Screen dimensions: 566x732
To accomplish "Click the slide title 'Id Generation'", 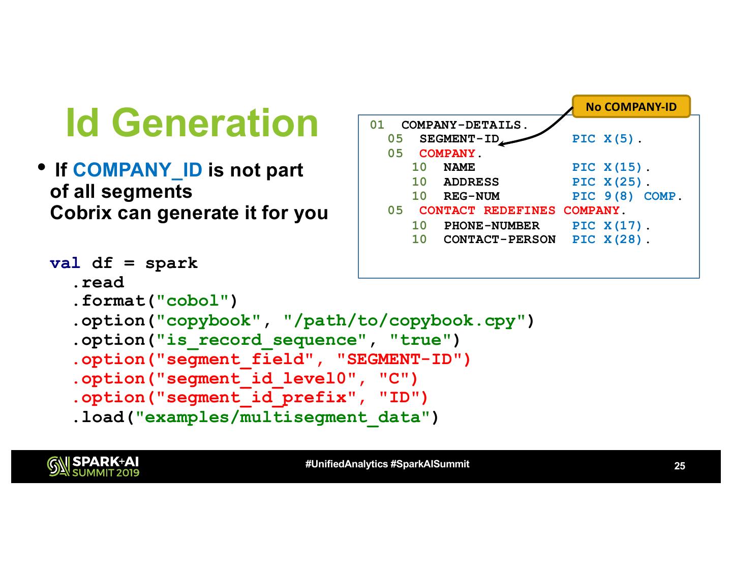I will click(x=192, y=123).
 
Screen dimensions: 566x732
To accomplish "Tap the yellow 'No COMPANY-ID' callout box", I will click(x=631, y=107).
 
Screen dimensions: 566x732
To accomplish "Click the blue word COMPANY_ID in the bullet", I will click(x=137, y=170).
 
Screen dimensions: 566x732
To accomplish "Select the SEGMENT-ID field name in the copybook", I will click(x=459, y=139).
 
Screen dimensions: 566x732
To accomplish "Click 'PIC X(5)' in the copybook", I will click(x=603, y=139).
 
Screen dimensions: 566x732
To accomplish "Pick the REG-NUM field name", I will click(x=471, y=196).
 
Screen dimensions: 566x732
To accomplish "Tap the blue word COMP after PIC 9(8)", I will click(x=660, y=196).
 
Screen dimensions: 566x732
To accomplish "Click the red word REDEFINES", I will click(x=519, y=211).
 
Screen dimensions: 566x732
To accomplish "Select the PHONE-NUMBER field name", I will click(x=491, y=225).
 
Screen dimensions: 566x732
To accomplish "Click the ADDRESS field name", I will click(x=471, y=182).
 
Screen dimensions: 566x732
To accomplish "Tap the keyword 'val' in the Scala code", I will click(x=65, y=263).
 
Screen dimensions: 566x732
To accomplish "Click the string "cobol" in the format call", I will click(x=192, y=301).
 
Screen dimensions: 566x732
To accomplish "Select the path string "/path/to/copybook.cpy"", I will click(x=405, y=321).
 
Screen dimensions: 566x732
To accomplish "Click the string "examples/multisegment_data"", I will click(x=282, y=418).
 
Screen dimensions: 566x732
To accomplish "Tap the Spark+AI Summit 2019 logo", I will click(x=93, y=466).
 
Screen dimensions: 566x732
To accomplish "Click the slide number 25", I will click(x=679, y=466).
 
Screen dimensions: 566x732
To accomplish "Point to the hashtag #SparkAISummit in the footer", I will click(x=430, y=464).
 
